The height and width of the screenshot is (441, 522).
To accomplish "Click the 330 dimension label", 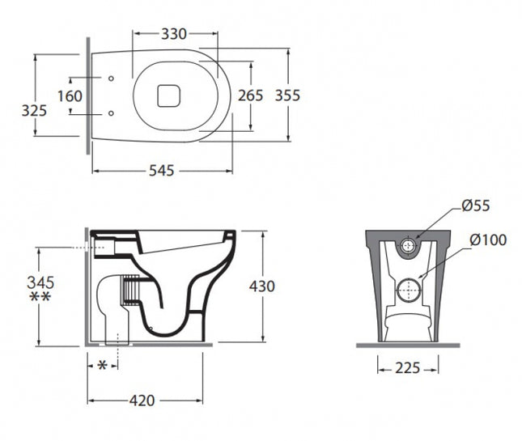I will click(175, 34).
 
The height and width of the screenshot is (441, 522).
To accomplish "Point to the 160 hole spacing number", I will click(70, 96).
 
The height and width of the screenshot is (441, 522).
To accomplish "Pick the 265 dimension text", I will click(250, 95).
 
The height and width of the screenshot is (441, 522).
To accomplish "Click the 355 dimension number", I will click(286, 95).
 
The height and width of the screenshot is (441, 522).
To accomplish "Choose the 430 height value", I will click(261, 286).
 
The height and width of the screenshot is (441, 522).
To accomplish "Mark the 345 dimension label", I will click(40, 282).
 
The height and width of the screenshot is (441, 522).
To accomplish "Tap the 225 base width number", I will click(408, 368).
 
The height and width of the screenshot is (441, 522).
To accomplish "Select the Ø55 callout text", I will click(476, 206).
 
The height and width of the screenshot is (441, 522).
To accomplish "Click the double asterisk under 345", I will click(40, 299).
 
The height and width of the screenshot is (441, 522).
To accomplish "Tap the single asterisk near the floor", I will click(101, 366).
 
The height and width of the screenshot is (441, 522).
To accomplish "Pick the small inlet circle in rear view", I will click(410, 245).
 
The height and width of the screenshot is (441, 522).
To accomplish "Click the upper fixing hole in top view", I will click(111, 79).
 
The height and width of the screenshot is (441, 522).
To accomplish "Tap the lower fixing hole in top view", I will click(111, 112).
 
